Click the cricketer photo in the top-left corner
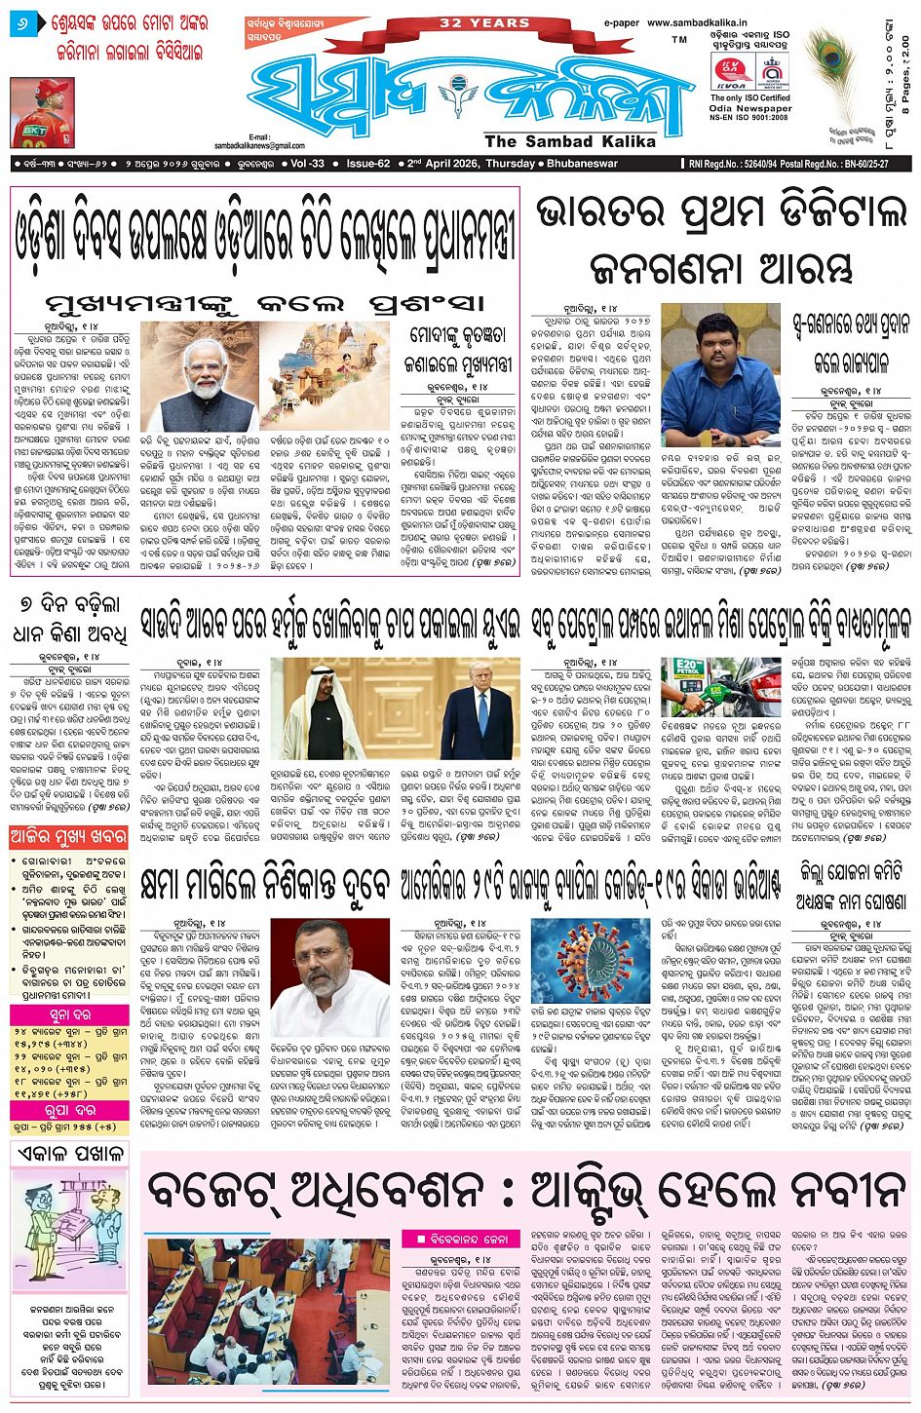click(42, 113)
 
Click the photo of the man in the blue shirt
click(720, 361)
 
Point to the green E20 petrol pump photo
click(708, 688)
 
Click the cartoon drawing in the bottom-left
click(70, 1232)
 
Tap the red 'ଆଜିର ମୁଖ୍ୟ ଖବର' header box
click(69, 837)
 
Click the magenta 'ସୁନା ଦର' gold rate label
click(69, 1014)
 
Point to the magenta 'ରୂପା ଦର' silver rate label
click(69, 1111)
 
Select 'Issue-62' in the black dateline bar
click(368, 164)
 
